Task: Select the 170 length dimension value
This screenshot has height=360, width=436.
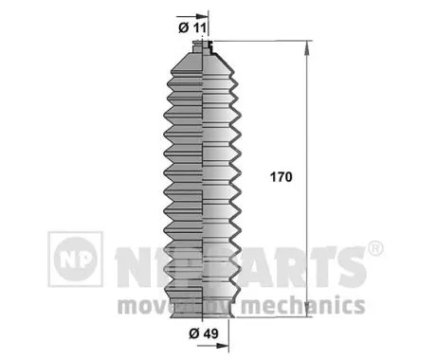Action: pos(281,177)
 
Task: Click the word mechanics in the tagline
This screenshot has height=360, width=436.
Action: pos(302,305)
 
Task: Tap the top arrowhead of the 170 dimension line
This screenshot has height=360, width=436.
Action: pos(305,47)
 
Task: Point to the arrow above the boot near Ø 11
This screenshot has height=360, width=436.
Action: pos(202,17)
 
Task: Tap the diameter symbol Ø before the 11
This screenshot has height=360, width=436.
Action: pos(181,26)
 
